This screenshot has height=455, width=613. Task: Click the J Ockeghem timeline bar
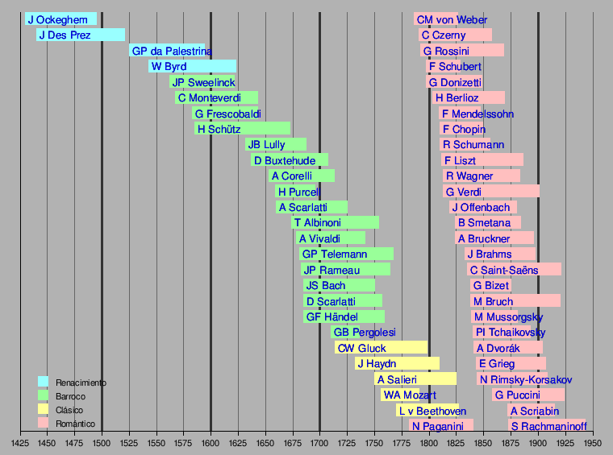(x=60, y=19)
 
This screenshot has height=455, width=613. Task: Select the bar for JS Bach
(x=339, y=285)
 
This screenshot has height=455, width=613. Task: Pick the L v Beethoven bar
(x=427, y=411)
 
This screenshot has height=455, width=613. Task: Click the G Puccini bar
(x=528, y=395)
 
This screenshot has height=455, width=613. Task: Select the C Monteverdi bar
(x=216, y=97)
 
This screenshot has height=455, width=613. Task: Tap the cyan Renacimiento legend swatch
(x=44, y=382)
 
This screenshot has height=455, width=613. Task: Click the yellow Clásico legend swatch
(x=44, y=410)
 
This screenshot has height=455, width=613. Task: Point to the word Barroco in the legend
(x=70, y=396)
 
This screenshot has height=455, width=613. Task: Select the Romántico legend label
(x=75, y=424)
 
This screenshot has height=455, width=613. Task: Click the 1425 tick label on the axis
(x=20, y=443)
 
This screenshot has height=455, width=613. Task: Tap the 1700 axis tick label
(x=319, y=443)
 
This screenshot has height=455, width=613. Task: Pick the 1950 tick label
(x=593, y=443)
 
